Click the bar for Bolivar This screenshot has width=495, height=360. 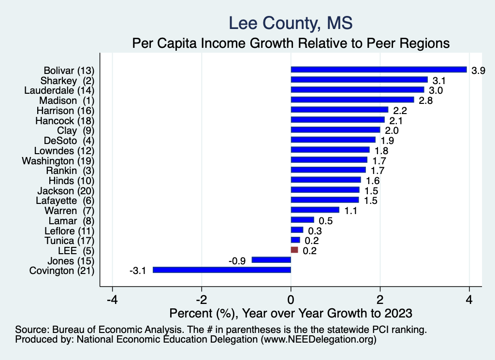coord(379,70)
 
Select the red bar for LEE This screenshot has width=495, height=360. coord(294,250)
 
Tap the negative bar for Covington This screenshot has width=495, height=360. coord(222,270)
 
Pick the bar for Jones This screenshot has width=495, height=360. coord(271,260)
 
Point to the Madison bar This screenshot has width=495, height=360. coord(352,100)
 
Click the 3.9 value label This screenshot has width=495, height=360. coord(478,70)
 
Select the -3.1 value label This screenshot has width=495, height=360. coord(138,271)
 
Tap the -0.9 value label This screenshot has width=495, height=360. coord(237,260)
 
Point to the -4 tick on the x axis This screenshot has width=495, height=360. coord(112,299)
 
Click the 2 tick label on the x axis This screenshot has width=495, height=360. coord(380,299)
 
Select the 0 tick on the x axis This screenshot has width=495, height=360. coord(291,299)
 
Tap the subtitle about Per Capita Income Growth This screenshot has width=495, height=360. coord(291,43)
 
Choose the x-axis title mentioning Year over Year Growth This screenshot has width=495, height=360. coord(291,313)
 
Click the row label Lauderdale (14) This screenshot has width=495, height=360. coord(59,90)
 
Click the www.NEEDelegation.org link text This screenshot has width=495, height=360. coord(318,340)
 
